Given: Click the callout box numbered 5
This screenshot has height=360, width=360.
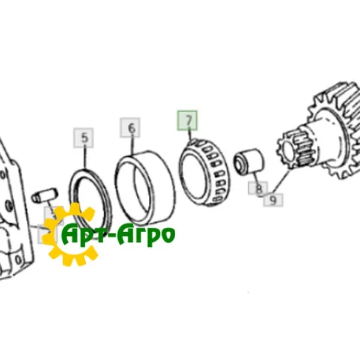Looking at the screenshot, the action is tap(83, 138).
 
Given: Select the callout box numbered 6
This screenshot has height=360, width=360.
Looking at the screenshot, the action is tap(130, 128).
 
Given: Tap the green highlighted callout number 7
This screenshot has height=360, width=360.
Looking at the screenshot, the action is tap(187, 121).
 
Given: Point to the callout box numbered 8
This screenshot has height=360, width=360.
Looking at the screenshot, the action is tap(258, 188).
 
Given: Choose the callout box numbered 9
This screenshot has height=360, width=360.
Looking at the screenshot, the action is tap(273, 200).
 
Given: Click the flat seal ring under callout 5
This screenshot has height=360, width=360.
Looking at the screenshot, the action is tap(91, 202).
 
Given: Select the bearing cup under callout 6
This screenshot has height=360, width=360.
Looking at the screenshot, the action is tap(145, 188).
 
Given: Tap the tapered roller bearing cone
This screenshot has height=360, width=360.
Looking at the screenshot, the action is tap(205, 173).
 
